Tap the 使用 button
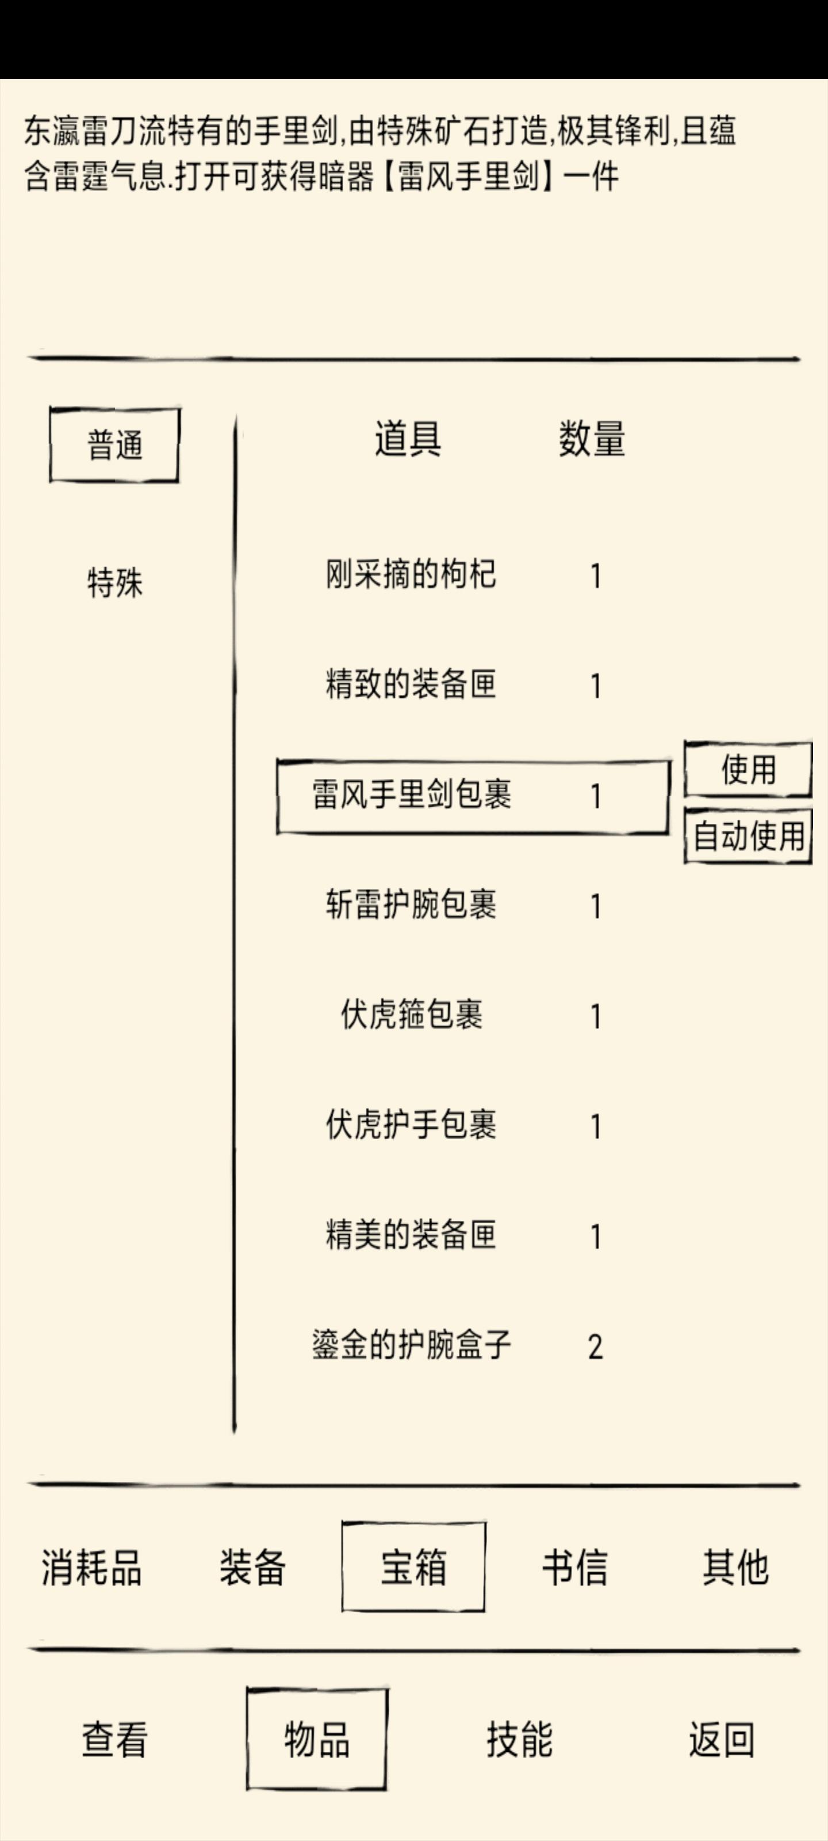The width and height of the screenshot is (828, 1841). [748, 770]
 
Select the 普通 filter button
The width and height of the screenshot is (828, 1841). [114, 445]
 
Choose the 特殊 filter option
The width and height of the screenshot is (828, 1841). [114, 582]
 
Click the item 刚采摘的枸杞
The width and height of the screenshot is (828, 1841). [411, 575]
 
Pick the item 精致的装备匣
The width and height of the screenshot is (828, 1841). [411, 685]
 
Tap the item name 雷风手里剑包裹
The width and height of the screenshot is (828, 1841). [412, 795]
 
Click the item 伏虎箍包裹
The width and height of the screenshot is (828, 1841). [412, 1015]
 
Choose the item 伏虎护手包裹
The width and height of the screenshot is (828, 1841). [411, 1125]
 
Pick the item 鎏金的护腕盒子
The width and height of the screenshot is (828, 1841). [412, 1345]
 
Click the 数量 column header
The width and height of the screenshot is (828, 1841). [592, 439]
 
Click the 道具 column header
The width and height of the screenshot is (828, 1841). [408, 439]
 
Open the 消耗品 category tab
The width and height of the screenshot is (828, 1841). [91, 1567]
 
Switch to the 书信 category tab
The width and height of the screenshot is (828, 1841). [574, 1567]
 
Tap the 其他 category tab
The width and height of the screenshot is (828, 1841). [735, 1567]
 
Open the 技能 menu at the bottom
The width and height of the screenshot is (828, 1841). [519, 1739]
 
